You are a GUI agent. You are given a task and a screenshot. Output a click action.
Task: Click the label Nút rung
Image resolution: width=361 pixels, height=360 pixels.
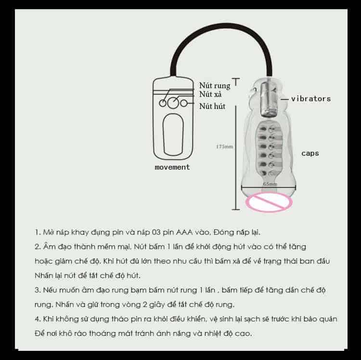pos(215,85)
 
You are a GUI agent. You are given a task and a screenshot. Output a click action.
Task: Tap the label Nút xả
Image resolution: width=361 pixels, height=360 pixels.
pos(210,94)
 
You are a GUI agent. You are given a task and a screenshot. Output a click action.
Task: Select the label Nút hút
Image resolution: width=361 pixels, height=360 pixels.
pos(212,106)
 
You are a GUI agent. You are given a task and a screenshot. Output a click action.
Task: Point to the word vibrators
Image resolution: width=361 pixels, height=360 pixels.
pos(311,99)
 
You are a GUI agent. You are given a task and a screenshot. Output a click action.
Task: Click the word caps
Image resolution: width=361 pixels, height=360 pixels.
pos(310,153)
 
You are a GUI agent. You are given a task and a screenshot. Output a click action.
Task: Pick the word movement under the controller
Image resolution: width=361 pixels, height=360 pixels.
pos(172,167)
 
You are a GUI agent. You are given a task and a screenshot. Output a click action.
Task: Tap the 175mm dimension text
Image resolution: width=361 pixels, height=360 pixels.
pos(224,147)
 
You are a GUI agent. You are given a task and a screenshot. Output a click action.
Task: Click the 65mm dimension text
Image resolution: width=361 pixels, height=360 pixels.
pos(270,184)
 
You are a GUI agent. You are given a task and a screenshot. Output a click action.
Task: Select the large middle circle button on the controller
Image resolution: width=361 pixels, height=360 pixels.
pos(173,103)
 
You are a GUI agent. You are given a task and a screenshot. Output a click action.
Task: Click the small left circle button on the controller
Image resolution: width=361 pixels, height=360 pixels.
pos(163,103)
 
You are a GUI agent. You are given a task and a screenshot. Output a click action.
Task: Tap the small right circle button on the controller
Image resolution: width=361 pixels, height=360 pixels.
pos(184,103)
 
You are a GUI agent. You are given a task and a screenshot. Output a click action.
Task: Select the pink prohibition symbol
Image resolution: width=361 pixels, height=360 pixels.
pos(269,202)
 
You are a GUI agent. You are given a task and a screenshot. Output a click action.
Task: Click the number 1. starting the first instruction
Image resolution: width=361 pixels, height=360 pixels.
pos(38,232)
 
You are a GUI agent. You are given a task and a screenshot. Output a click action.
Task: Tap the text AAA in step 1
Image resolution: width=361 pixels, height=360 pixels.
pos(184,232)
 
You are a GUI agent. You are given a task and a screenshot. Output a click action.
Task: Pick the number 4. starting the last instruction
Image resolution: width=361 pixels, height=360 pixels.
pos(38,319)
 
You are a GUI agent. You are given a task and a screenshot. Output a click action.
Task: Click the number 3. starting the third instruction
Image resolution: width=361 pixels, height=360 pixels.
pos(38,290)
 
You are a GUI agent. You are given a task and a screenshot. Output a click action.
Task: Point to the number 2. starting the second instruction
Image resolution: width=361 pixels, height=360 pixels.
pos(38,247)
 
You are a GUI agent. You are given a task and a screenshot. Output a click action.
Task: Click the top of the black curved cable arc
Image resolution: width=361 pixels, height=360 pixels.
pos(221,25)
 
